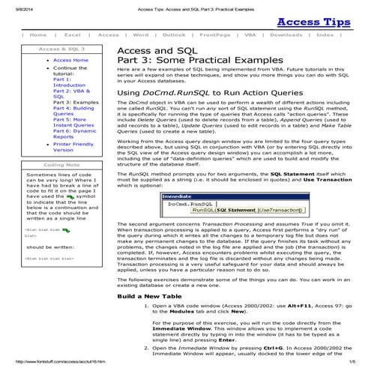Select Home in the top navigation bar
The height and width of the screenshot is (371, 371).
37,35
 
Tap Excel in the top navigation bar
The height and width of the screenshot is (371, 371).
73,35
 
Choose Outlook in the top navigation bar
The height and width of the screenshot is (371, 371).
174,35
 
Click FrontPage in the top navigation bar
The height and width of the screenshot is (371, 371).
215,35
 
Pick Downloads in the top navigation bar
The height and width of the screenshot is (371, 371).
287,35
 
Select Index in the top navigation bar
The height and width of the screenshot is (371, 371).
325,35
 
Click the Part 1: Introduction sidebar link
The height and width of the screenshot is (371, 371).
64,82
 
